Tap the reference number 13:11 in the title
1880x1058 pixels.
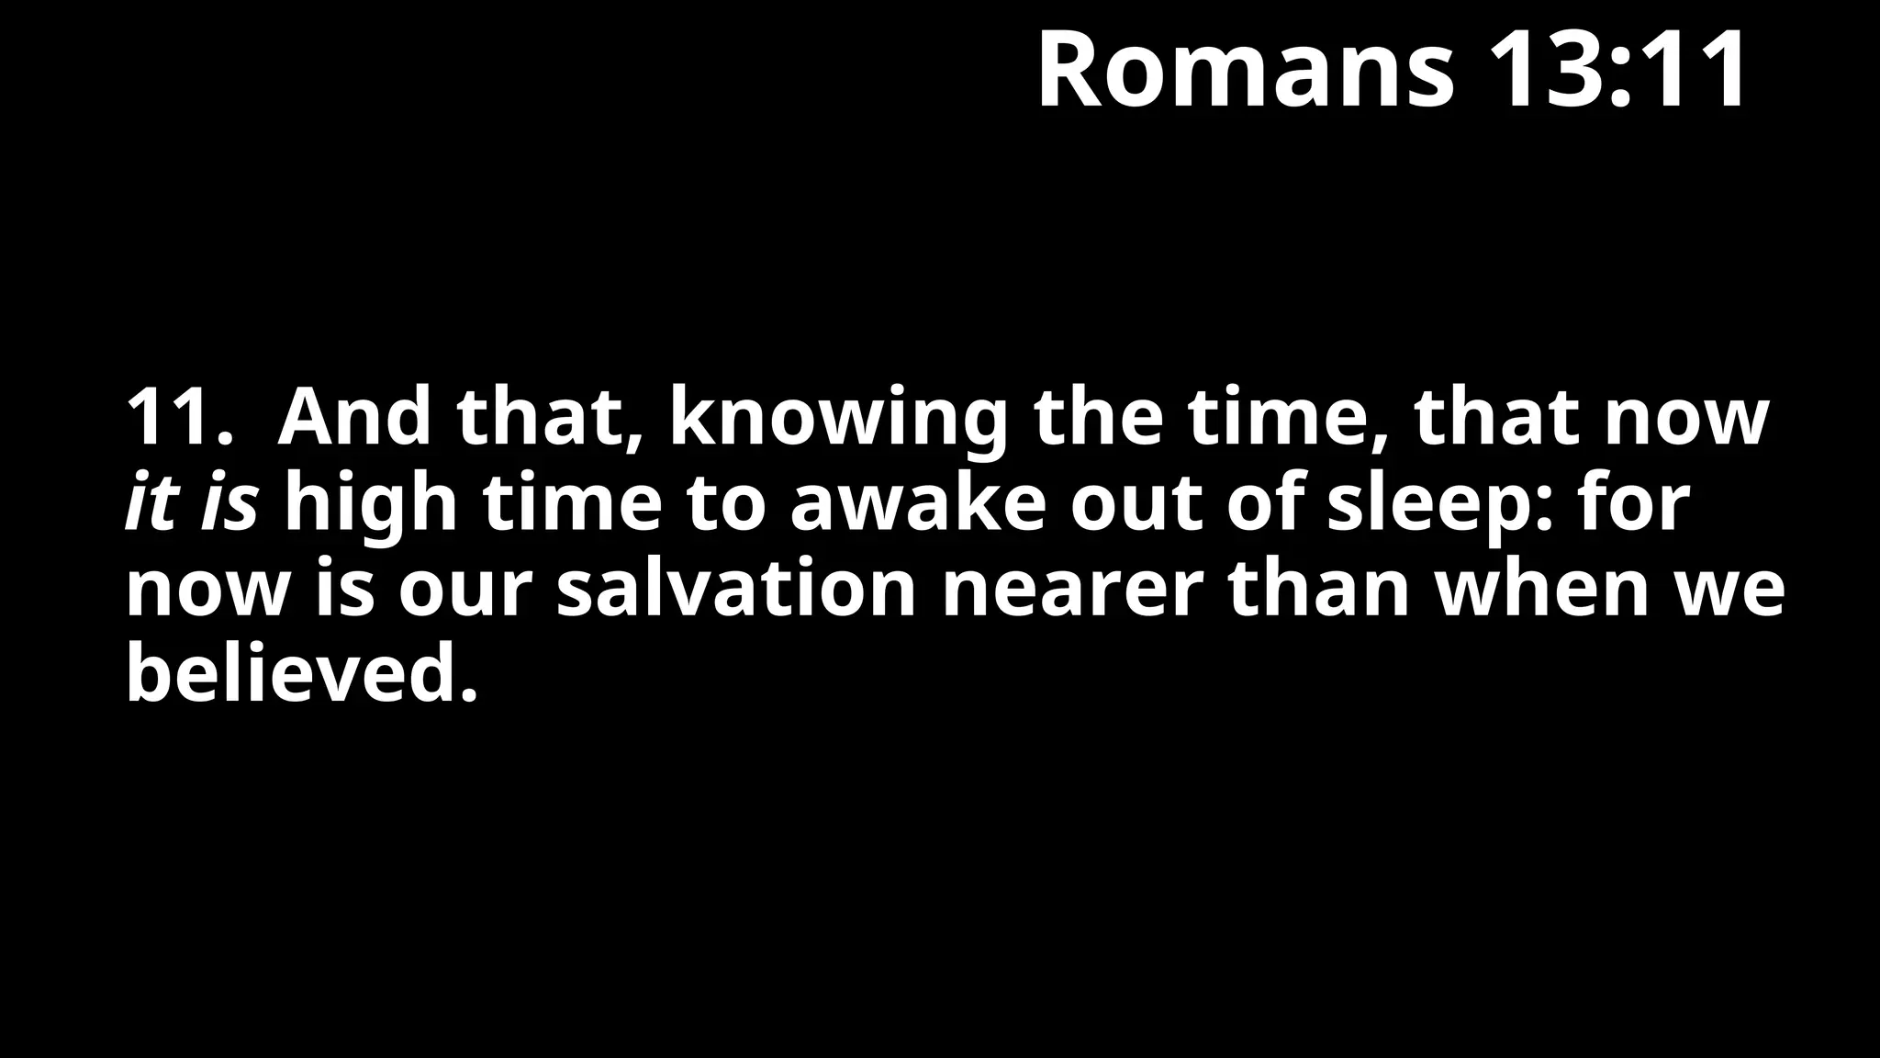coord(1617,71)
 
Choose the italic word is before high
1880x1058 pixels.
coord(229,505)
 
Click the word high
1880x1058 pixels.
coord(370,505)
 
